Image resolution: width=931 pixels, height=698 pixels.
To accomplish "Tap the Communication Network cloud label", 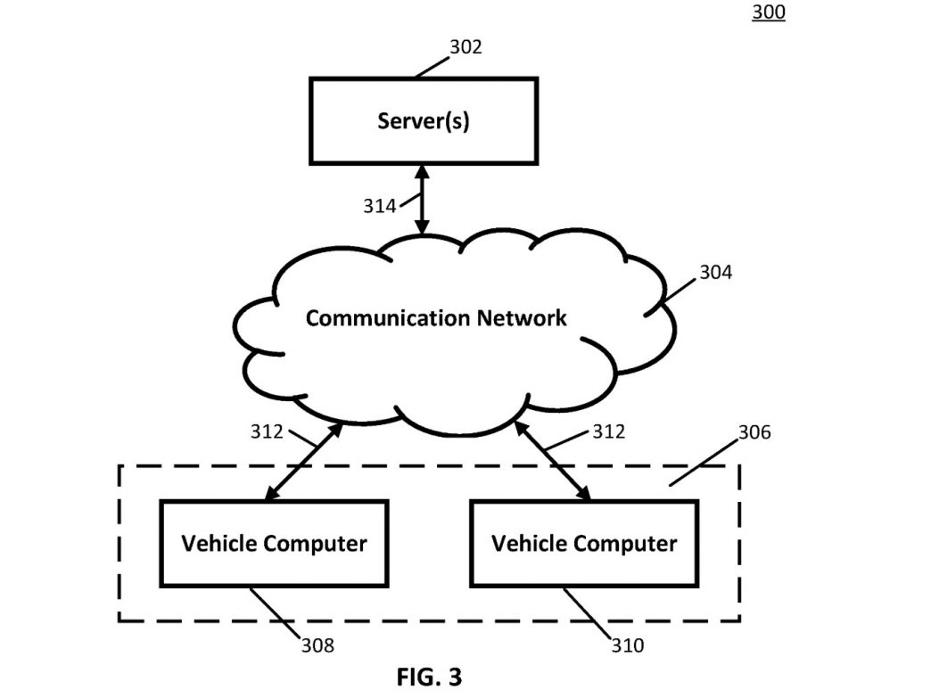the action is (436, 318).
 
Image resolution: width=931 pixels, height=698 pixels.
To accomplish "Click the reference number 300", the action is (769, 12).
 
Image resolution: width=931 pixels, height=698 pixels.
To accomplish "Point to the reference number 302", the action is (465, 47).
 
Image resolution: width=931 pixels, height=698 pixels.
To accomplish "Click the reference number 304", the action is (715, 273).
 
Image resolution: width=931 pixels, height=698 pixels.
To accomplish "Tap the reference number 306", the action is (754, 432).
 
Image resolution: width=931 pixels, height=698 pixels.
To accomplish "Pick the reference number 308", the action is (317, 645).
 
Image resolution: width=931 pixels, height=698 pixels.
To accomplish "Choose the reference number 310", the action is (628, 645).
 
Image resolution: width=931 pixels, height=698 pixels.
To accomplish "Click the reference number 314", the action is (379, 206).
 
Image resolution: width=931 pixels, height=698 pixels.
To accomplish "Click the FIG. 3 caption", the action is (429, 677).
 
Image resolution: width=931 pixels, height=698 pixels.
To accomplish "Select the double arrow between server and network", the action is (422, 200).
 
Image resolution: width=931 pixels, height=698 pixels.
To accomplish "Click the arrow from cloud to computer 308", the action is (304, 461).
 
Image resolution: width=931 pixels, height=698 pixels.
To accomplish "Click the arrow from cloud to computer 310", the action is (553, 461).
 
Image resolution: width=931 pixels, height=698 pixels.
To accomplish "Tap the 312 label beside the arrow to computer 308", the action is (267, 431).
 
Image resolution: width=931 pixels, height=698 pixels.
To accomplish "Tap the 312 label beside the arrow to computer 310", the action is (608, 431).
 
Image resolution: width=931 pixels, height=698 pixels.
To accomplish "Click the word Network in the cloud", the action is (522, 318).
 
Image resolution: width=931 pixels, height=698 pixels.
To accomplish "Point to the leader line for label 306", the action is (704, 464).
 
